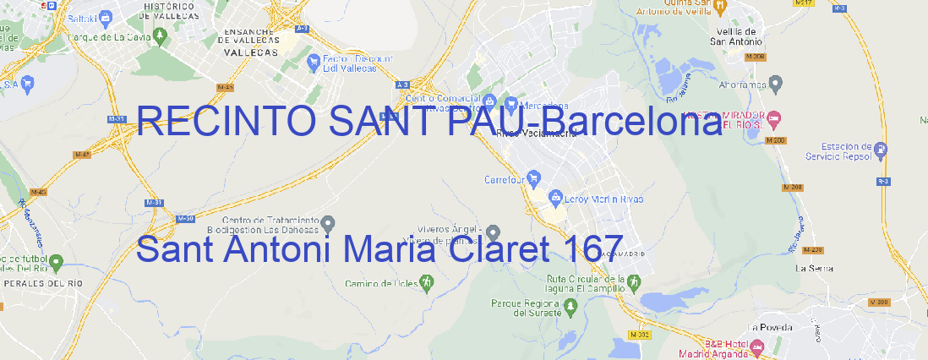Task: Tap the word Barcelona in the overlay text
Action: [x=631, y=123]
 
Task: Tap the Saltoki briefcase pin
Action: [x=105, y=16]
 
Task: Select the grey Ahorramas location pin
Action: [x=777, y=83]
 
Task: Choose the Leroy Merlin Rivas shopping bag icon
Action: [x=555, y=199]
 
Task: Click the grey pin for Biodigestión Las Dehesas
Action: [x=329, y=222]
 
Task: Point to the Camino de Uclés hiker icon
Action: [x=427, y=283]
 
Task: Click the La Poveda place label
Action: [x=770, y=326]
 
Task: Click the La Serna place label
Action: [x=815, y=268]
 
